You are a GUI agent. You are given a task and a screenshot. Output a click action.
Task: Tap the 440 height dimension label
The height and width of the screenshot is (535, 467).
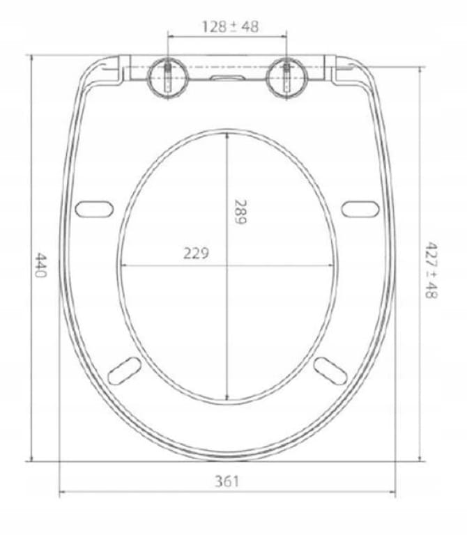(x=40, y=265)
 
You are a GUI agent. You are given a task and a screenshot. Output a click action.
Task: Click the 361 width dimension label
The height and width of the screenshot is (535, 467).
(x=227, y=481)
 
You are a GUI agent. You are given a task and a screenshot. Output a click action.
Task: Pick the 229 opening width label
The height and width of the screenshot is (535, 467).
(x=196, y=254)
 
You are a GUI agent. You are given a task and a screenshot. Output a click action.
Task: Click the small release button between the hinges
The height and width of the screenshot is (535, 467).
(x=227, y=78)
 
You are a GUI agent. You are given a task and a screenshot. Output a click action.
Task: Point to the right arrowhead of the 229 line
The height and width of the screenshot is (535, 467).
(x=332, y=265)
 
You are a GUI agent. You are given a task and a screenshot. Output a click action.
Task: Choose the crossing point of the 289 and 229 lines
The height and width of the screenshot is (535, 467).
(x=227, y=265)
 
